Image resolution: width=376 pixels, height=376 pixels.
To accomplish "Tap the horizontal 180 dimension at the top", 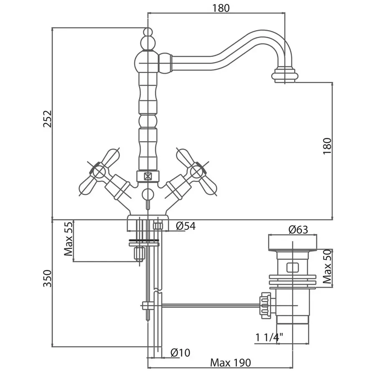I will (221, 8).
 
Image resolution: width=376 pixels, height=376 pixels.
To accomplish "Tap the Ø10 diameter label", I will (180, 353).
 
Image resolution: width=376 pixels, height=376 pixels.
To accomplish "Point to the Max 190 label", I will (231, 363).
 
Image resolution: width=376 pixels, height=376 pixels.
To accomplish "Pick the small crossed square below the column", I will (147, 176).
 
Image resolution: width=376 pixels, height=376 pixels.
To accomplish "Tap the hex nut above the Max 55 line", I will (138, 254).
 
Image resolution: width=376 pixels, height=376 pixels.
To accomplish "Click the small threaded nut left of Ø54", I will (158, 226).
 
